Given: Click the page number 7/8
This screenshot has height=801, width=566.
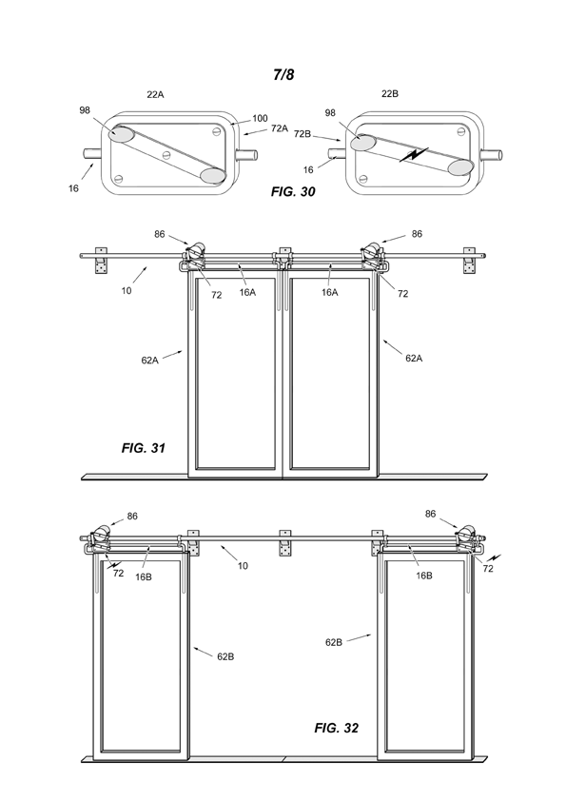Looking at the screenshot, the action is tap(283, 74).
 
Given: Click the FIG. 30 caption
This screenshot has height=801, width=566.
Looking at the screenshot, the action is tap(293, 191).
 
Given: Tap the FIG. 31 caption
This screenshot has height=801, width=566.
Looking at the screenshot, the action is tap(144, 448).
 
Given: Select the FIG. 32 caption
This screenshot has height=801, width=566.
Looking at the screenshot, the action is tap(336, 728).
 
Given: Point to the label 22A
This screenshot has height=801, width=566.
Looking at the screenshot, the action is tap(155, 94).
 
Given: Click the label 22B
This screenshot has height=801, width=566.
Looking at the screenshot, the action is tap(390, 93).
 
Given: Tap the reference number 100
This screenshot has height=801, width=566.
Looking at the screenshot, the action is tap(260, 119).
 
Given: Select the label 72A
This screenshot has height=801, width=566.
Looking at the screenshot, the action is tap(280, 128).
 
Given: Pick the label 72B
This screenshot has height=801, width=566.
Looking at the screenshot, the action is tap(303, 134).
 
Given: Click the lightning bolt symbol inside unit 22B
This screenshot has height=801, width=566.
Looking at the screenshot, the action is tap(415, 154).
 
